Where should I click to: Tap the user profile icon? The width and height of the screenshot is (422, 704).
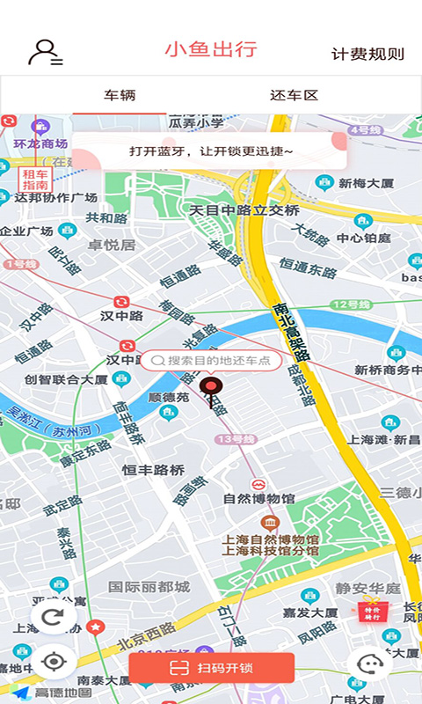(x=44, y=53)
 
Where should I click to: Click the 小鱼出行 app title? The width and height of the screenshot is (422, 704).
(x=211, y=49)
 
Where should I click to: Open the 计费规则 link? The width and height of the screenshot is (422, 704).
(x=367, y=54)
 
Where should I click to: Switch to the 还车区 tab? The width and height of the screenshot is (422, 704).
(x=294, y=95)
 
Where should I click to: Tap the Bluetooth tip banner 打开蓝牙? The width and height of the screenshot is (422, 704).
(x=211, y=151)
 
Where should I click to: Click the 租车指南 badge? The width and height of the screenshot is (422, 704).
(x=35, y=180)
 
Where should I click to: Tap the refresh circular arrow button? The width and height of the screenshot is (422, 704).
(x=54, y=617)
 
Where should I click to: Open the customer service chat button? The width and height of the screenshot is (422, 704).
(x=368, y=664)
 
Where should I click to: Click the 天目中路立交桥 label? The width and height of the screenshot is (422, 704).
(x=244, y=210)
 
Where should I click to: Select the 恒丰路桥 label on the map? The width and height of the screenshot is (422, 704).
(x=153, y=470)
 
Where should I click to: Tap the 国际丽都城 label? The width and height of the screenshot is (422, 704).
(x=149, y=586)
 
